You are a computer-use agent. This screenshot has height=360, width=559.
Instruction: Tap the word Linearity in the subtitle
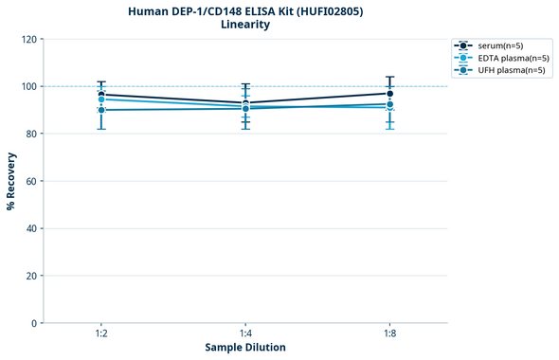click(244, 25)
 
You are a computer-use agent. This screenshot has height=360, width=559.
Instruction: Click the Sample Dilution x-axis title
click(245, 348)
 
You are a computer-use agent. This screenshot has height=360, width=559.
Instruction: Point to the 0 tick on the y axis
click(33, 323)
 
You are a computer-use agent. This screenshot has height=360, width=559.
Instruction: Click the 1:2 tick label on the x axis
click(101, 334)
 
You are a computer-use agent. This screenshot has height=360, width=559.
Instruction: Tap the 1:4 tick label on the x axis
click(245, 334)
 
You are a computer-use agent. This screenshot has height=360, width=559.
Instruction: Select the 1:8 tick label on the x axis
click(389, 334)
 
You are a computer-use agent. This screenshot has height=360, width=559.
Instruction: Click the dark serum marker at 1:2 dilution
click(101, 95)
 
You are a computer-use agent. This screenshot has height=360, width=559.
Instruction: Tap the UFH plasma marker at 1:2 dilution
click(101, 110)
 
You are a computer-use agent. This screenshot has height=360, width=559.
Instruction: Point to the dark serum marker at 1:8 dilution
click(389, 93)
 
